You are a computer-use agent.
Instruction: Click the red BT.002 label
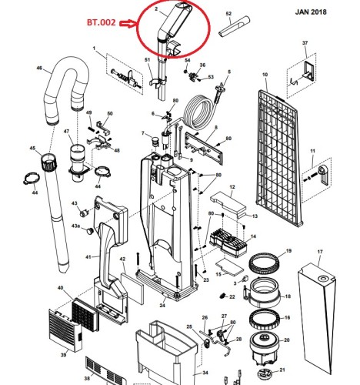(x=102, y=22)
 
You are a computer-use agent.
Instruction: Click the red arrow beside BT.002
(x=128, y=23)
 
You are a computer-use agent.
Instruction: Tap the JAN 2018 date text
(x=311, y=12)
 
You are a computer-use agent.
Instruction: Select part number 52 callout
(x=228, y=14)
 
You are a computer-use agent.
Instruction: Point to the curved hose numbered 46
(x=67, y=85)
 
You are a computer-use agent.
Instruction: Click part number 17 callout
(x=320, y=252)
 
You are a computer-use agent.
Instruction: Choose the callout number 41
(x=88, y=257)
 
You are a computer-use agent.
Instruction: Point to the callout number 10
(x=265, y=75)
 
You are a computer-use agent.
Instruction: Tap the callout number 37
(x=305, y=43)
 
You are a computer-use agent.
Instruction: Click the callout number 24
(x=162, y=306)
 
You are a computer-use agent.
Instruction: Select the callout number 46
(x=39, y=68)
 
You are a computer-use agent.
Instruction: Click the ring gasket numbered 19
(x=265, y=264)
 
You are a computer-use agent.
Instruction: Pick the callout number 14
(x=253, y=236)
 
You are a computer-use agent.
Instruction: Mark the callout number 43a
(x=75, y=226)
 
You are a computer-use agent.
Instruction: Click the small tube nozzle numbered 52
(x=234, y=27)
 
